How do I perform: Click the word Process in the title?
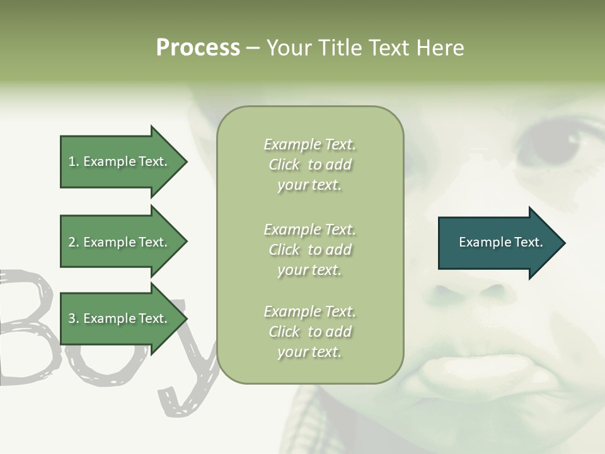(198, 48)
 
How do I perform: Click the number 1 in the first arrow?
(72, 161)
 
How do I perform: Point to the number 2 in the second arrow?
(72, 242)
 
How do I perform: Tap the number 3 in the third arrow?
(72, 318)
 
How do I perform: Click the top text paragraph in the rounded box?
(309, 165)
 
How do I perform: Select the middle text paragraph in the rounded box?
(309, 250)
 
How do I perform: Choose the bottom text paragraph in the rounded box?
(309, 332)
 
